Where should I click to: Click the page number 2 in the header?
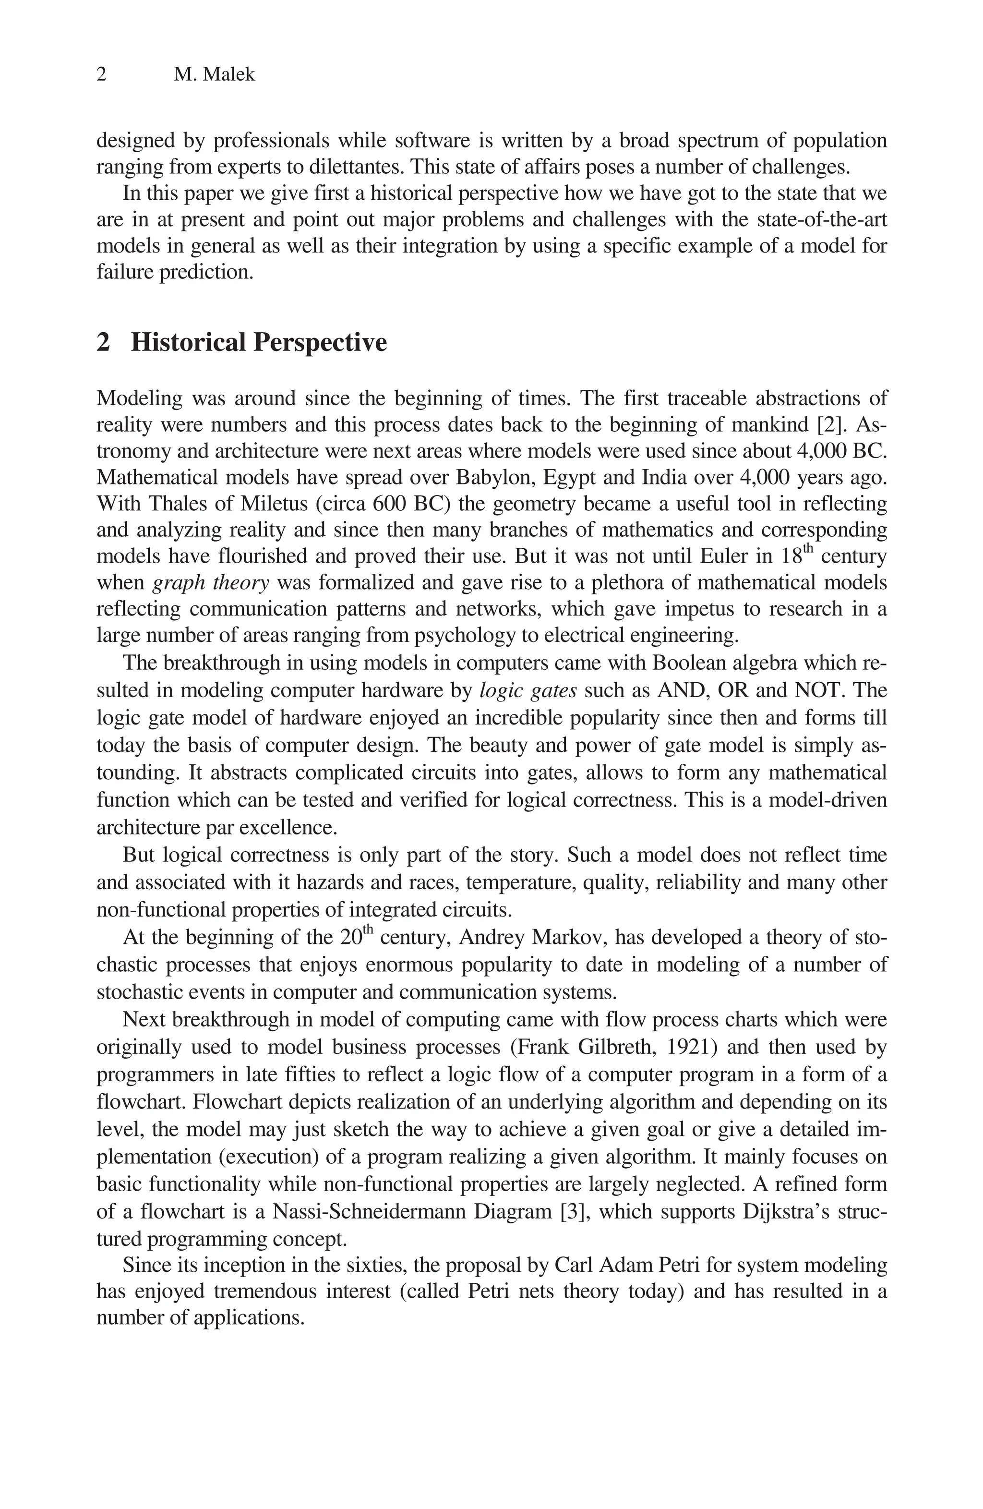(101, 75)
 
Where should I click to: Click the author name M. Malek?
(214, 75)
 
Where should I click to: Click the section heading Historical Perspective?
(259, 342)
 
